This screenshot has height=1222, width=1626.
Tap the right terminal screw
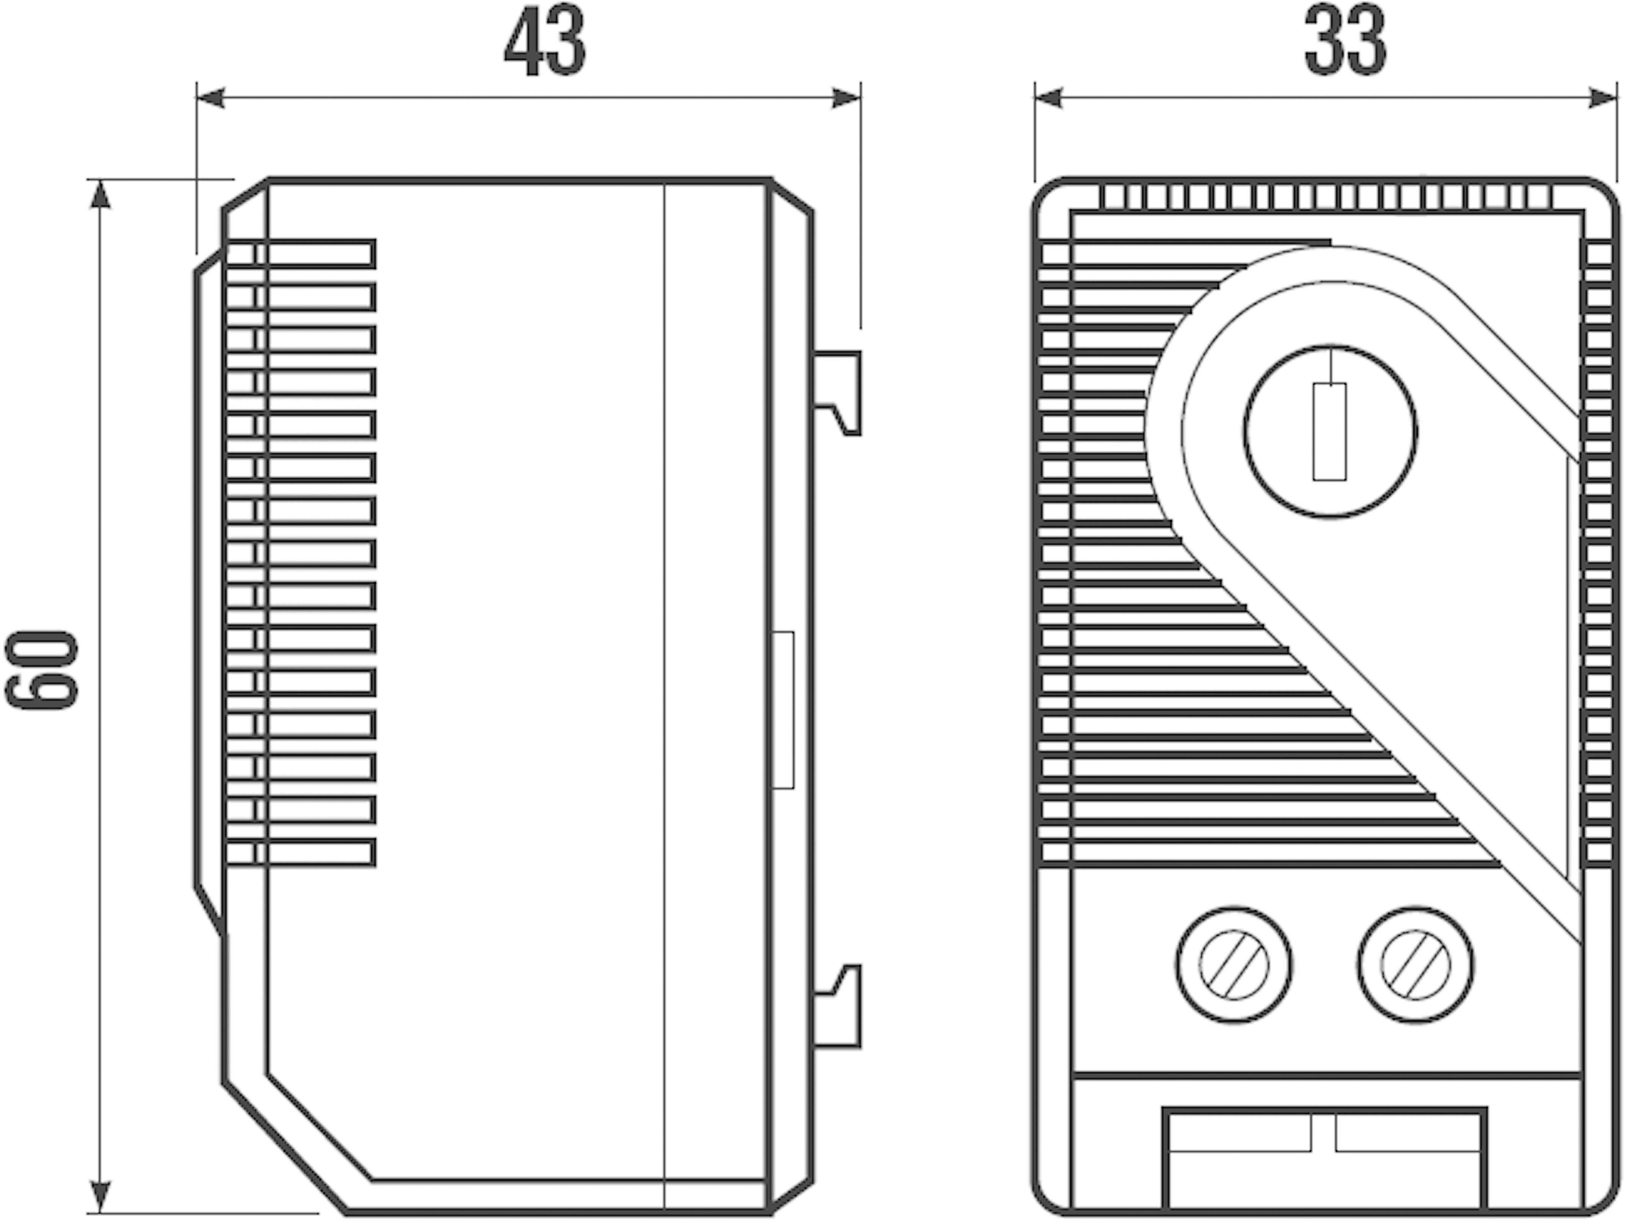pos(1416,965)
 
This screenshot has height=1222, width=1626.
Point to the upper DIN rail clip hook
pos(838,393)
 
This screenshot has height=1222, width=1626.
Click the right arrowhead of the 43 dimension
pos(846,98)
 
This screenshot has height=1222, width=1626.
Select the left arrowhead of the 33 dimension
pos(1049,98)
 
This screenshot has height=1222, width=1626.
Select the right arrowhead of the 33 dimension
pos(1603,98)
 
